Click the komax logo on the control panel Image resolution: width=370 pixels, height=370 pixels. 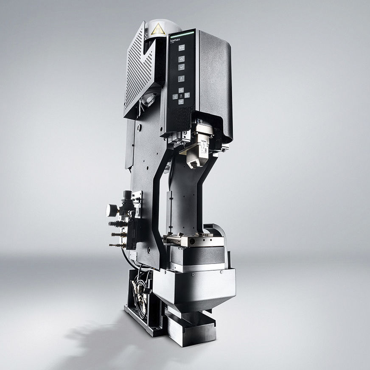[176, 39]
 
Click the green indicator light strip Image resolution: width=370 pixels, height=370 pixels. [182, 32]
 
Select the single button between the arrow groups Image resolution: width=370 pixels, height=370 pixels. [181, 78]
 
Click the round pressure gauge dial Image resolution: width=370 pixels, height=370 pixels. [111, 210]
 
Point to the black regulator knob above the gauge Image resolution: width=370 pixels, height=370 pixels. [126, 195]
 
